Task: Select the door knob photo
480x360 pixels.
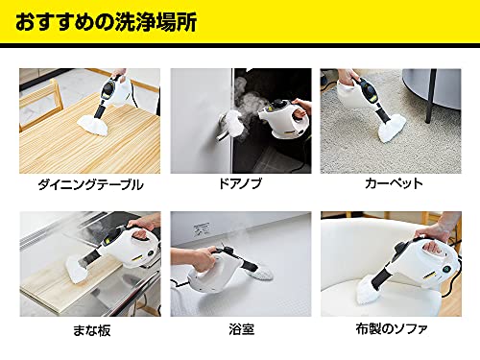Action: click(x=239, y=120)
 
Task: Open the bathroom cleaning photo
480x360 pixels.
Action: click(x=239, y=264)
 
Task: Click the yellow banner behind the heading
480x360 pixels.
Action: click(x=384, y=22)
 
